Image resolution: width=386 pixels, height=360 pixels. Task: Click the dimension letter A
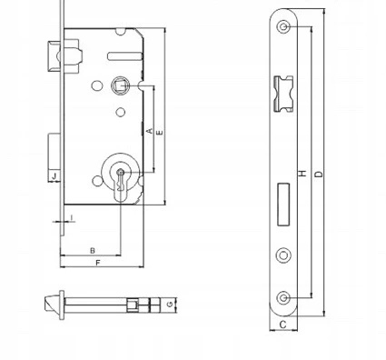coord(150,131)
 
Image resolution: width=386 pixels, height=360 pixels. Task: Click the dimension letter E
coord(160,133)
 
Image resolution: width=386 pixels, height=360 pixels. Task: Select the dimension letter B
coord(93,251)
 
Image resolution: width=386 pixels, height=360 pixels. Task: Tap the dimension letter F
coord(97,263)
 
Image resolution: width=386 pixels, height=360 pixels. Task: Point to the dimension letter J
coord(54,175)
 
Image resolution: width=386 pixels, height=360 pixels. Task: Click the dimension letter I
coord(72,217)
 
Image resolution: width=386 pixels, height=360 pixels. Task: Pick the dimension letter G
coord(171,304)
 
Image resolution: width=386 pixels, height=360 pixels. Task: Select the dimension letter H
coord(302,174)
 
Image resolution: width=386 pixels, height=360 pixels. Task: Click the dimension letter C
coord(282,325)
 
